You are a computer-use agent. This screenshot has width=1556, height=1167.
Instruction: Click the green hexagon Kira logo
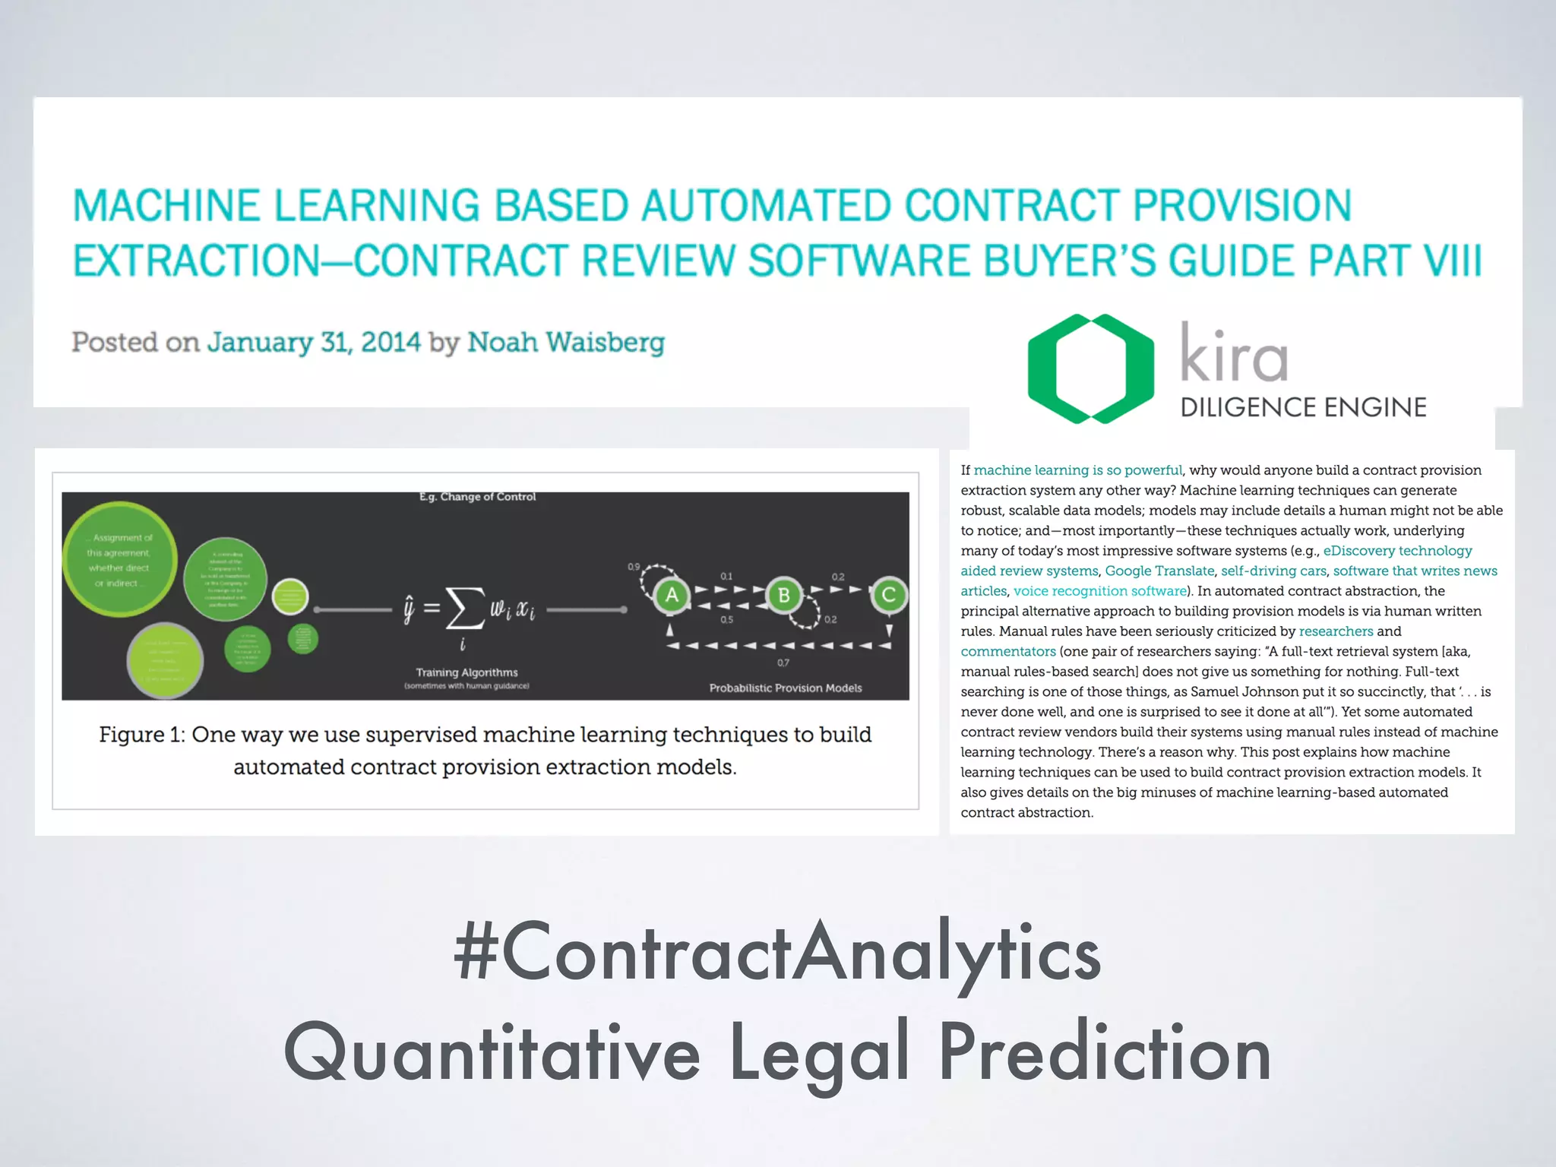(x=1090, y=368)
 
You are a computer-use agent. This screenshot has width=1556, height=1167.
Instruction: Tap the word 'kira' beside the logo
(x=1234, y=353)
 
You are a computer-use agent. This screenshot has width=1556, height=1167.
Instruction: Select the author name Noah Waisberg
(x=565, y=343)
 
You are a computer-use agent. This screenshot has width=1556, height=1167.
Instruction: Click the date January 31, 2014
(x=314, y=343)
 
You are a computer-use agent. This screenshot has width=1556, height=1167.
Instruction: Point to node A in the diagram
(x=671, y=595)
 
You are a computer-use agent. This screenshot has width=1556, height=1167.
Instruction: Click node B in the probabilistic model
(x=783, y=595)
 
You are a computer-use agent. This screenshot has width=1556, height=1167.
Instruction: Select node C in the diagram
(x=888, y=595)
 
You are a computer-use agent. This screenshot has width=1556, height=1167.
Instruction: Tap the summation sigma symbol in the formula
(x=465, y=609)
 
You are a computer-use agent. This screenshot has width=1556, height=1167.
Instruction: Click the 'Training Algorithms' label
(x=466, y=672)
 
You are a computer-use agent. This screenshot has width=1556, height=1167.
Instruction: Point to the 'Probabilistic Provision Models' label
(x=786, y=688)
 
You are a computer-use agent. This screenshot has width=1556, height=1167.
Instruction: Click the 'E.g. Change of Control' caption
(x=477, y=497)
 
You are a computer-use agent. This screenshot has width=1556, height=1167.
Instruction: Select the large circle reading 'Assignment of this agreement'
(x=120, y=559)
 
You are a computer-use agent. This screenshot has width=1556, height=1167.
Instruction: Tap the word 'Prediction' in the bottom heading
(x=1104, y=1054)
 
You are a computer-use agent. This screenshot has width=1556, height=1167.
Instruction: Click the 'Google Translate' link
(x=1159, y=571)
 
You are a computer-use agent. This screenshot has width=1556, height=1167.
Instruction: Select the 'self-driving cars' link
(x=1273, y=571)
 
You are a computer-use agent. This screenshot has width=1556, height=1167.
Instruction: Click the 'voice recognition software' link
(x=1100, y=591)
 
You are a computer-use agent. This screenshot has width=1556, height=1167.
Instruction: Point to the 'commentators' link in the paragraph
(x=1008, y=652)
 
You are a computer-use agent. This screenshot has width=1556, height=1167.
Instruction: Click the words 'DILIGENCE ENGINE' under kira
(x=1303, y=408)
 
